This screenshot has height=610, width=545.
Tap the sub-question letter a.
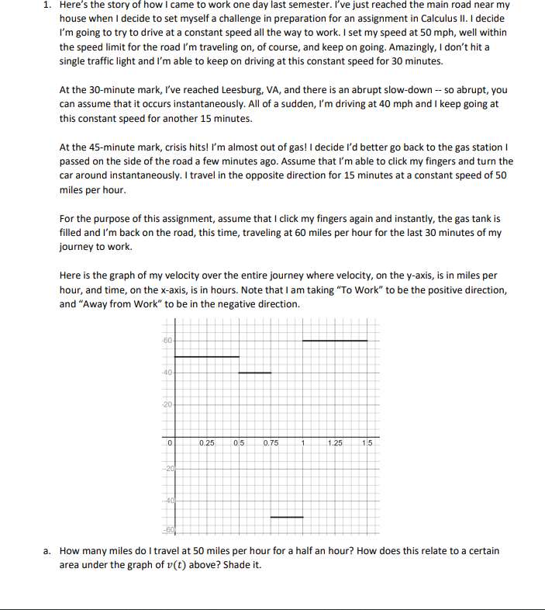click(48, 551)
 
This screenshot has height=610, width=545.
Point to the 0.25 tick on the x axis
click(206, 442)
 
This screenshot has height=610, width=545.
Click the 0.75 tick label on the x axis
click(271, 442)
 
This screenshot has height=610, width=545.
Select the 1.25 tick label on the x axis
click(335, 442)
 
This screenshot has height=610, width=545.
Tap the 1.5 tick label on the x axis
click(367, 442)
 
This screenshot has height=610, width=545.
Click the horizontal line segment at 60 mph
click(334, 340)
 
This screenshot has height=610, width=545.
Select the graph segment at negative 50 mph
click(286, 517)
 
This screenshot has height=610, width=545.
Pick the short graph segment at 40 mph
click(254, 373)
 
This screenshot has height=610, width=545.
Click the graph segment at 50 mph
click(207, 356)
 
